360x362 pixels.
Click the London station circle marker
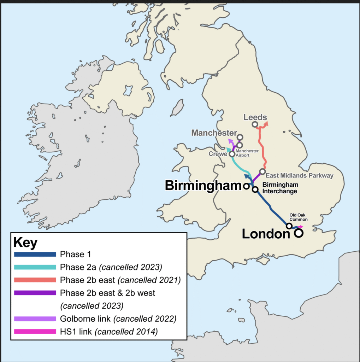click(299, 233)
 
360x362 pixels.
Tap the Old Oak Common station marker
click(289, 226)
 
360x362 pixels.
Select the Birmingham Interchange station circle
click(255, 189)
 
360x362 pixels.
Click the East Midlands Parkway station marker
click(262, 171)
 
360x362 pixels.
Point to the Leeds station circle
click(254, 124)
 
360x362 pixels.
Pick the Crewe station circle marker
click(232, 154)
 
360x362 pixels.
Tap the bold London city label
click(266, 234)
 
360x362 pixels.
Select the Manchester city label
click(214, 133)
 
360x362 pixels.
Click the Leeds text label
click(255, 117)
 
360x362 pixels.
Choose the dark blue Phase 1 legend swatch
click(35, 254)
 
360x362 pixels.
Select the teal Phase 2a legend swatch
click(35, 267)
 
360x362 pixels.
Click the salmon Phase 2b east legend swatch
click(35, 280)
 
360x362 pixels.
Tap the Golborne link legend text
click(118, 319)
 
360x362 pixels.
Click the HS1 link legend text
click(109, 332)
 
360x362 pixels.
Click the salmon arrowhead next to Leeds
click(266, 123)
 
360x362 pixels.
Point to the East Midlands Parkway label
click(299, 175)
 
